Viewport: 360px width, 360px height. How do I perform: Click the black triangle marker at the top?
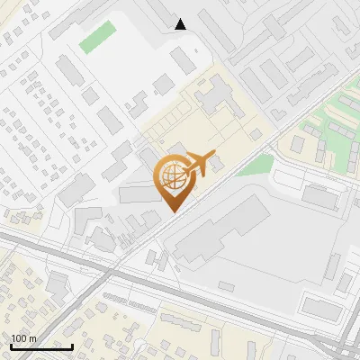pos(181,23)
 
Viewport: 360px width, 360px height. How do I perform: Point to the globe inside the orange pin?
pos(172,175)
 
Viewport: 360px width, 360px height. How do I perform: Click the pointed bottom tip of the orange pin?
pos(173,211)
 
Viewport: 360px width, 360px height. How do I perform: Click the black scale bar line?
pos(41,346)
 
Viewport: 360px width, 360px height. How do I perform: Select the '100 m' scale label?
pos(23,337)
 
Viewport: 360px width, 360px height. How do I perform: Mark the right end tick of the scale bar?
pos(72,345)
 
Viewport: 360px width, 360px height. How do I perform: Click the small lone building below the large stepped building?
pos(226,286)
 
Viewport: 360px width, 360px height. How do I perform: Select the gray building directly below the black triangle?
pos(183,60)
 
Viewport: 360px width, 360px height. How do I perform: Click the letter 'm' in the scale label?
pos(32,337)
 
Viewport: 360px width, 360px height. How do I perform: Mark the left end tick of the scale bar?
pos(11,345)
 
